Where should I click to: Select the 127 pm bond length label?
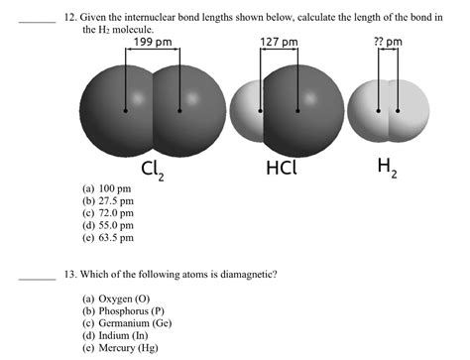(279, 43)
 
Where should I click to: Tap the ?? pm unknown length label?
(388, 43)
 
